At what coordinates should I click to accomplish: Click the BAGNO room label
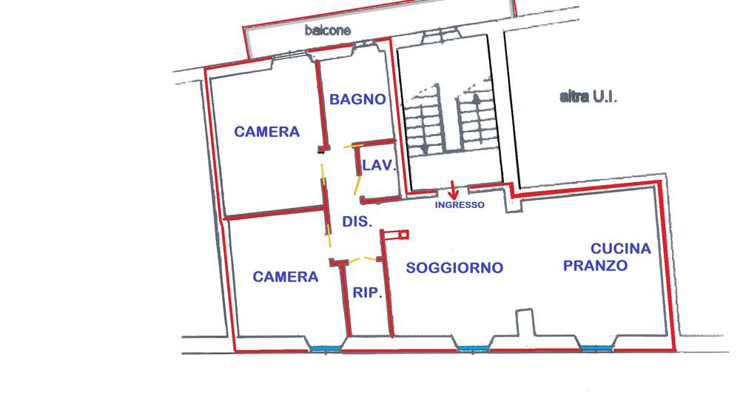point(357,99)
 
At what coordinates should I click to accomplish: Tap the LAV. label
point(379,165)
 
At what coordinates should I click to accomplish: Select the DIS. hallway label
point(357,221)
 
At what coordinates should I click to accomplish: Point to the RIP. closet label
point(367,293)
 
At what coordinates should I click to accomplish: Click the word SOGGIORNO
point(454,268)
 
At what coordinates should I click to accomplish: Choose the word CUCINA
point(621,249)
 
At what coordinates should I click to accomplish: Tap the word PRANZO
point(595,266)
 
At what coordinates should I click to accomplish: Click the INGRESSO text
point(460,205)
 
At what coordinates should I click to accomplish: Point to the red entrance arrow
point(453,189)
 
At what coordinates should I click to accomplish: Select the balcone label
point(328,30)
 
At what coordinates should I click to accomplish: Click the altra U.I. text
point(588,97)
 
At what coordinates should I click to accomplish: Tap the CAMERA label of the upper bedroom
point(266,132)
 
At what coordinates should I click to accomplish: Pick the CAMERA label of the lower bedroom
point(285,277)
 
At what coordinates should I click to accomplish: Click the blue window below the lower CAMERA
point(325,349)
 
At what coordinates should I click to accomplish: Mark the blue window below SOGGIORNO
point(474,349)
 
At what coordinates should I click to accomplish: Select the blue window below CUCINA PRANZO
point(596,349)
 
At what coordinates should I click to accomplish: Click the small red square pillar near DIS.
point(403,234)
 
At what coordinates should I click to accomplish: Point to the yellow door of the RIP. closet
point(363,259)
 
